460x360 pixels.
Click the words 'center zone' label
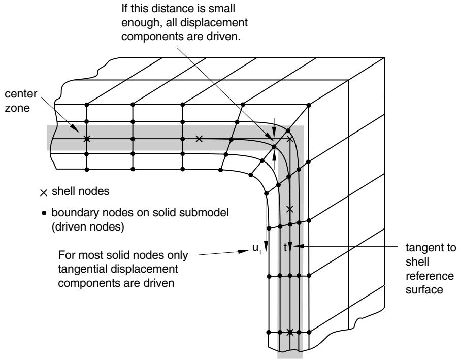21,101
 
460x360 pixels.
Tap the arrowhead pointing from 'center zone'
76,128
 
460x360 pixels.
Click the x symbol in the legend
44,193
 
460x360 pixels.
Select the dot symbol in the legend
44,213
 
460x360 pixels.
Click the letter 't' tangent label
285,248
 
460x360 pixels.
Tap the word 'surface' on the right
424,289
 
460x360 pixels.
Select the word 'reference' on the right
430,276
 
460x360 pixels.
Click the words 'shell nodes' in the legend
80,191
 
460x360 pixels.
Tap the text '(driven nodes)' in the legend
88,227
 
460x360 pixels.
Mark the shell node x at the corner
290,139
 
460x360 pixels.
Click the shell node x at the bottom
290,332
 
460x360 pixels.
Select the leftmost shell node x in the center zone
86,139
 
